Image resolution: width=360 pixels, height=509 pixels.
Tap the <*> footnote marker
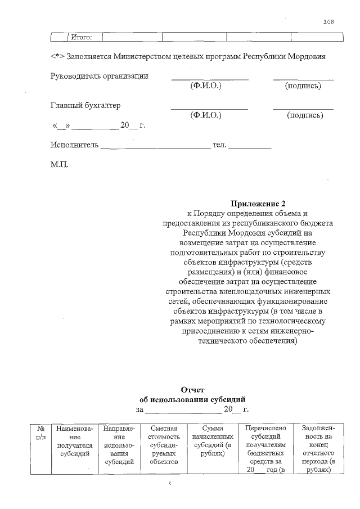[57, 57]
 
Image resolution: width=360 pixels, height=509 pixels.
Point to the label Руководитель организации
[100, 76]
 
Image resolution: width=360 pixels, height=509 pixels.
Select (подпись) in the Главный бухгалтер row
[304, 115]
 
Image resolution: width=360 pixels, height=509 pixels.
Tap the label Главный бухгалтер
[85, 105]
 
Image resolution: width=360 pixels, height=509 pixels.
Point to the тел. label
[219, 145]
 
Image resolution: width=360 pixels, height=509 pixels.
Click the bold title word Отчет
[192, 389]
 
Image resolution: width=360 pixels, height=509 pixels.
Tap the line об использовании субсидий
[192, 399]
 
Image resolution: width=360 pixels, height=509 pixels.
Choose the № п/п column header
[40, 432]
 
